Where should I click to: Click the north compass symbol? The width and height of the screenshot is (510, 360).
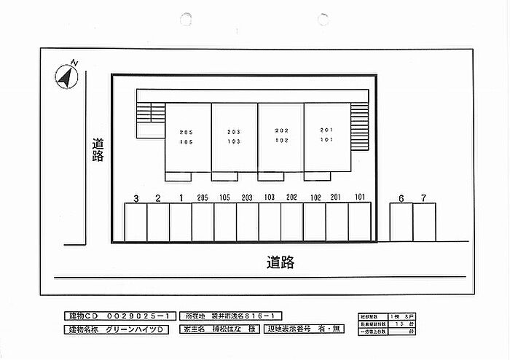pos(67,76)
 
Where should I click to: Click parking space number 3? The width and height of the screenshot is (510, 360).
pos(136,222)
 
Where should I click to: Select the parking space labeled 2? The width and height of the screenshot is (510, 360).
pos(158,222)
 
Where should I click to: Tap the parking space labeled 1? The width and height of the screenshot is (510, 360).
pos(181,222)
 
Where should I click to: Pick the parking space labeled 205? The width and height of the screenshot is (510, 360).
pos(203,222)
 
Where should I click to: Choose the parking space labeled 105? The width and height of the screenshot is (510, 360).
pos(225,222)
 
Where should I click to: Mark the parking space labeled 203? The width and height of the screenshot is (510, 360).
pos(248,222)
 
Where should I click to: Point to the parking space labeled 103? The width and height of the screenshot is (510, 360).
pos(270,222)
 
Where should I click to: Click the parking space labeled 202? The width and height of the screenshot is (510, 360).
pos(292,222)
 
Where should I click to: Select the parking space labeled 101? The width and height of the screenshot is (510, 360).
pos(360,222)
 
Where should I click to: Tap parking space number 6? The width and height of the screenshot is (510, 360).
pos(401,222)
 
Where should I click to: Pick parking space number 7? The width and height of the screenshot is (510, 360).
pos(424,222)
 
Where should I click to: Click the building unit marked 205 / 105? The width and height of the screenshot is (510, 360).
pos(188,137)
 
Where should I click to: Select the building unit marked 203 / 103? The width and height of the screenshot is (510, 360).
pos(234,137)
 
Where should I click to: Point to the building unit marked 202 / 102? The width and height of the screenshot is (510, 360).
pos(280,137)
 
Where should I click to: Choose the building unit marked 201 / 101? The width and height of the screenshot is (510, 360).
pos(326,137)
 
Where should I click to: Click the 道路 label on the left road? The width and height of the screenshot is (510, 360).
pos(98,150)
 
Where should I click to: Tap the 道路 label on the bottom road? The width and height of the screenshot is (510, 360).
pos(280,262)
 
